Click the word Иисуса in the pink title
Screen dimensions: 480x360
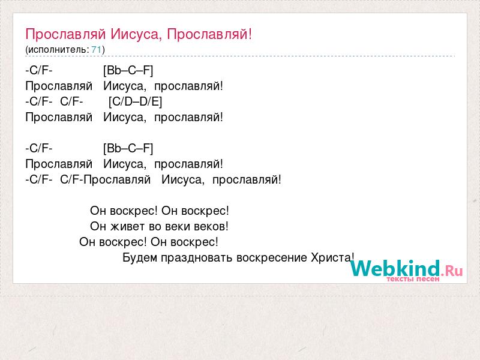click(x=136, y=34)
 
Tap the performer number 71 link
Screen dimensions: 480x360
click(x=96, y=50)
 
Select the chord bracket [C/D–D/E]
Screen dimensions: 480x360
click(x=136, y=101)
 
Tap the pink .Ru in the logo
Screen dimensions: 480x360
click(x=452, y=270)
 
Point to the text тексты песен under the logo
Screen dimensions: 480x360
click(x=413, y=279)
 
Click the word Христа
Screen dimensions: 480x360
click(x=332, y=258)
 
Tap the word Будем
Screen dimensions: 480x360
click(x=140, y=258)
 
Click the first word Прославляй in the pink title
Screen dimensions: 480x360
click(x=66, y=34)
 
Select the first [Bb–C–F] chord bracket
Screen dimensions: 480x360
click(x=128, y=70)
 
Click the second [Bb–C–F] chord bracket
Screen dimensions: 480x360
click(x=128, y=148)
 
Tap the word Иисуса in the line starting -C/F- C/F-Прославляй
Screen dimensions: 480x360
click(x=183, y=179)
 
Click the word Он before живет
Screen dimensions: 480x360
click(x=98, y=227)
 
